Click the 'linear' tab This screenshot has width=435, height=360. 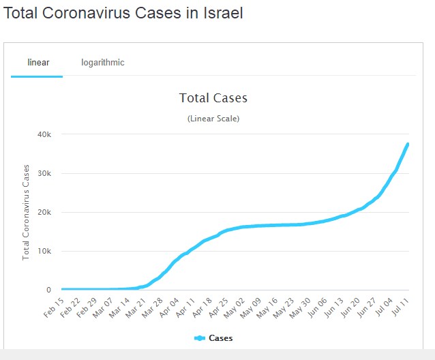[x=38, y=63]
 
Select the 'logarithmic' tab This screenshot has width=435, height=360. [x=103, y=63]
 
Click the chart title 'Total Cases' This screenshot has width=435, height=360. [x=213, y=98]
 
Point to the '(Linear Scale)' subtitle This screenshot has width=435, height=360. [x=213, y=119]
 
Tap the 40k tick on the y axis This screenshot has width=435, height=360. [x=43, y=134]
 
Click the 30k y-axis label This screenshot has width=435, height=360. [x=43, y=173]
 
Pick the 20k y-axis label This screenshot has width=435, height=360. [x=43, y=212]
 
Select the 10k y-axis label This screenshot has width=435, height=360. [x=43, y=251]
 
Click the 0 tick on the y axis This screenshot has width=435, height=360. [x=48, y=290]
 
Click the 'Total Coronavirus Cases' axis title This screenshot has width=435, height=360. [x=26, y=212]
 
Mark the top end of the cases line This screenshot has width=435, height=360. [x=408, y=144]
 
